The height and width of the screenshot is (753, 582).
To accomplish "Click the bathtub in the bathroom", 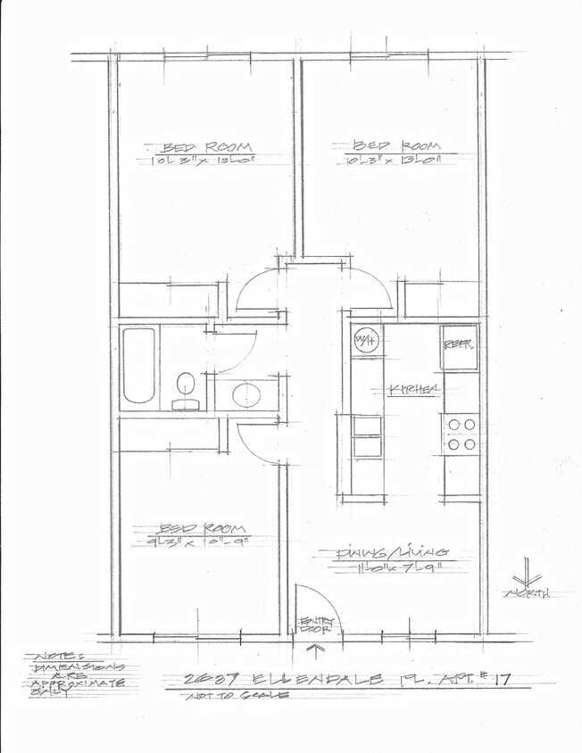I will [x=139, y=366].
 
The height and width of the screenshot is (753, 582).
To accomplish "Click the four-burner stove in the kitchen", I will [x=461, y=434].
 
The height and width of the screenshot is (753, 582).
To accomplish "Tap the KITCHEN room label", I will [x=413, y=389].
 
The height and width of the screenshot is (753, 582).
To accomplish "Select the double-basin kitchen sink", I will [x=366, y=436].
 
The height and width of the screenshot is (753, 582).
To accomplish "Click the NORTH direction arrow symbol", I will [x=526, y=575].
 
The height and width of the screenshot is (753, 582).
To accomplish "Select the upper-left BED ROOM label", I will [x=206, y=147].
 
